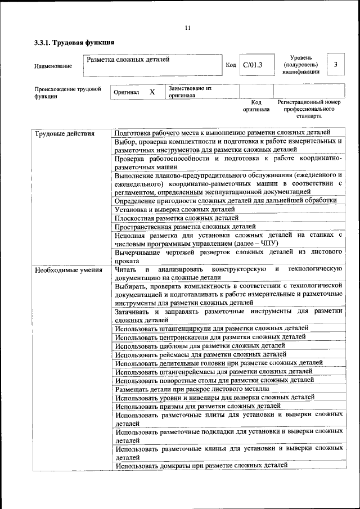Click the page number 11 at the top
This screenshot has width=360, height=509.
(187, 28)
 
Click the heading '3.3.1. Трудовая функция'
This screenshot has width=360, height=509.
(75, 42)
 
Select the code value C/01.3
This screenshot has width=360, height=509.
(253, 65)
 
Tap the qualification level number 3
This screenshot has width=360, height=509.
(335, 65)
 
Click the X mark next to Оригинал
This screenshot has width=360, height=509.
(152, 91)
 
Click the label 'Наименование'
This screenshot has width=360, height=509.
(53, 66)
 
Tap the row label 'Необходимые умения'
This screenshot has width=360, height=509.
(69, 270)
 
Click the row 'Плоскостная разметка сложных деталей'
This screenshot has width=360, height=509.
(177, 218)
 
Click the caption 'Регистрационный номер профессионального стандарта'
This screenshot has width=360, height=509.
(309, 109)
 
